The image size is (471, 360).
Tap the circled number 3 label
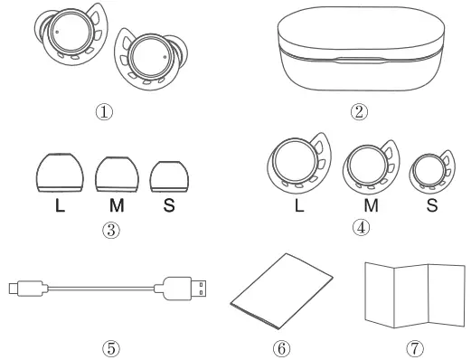coord(109,229)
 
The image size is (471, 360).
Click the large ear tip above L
coord(60,170)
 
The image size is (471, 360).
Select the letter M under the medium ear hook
coord(370,205)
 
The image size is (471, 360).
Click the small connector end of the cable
coord(20,288)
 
